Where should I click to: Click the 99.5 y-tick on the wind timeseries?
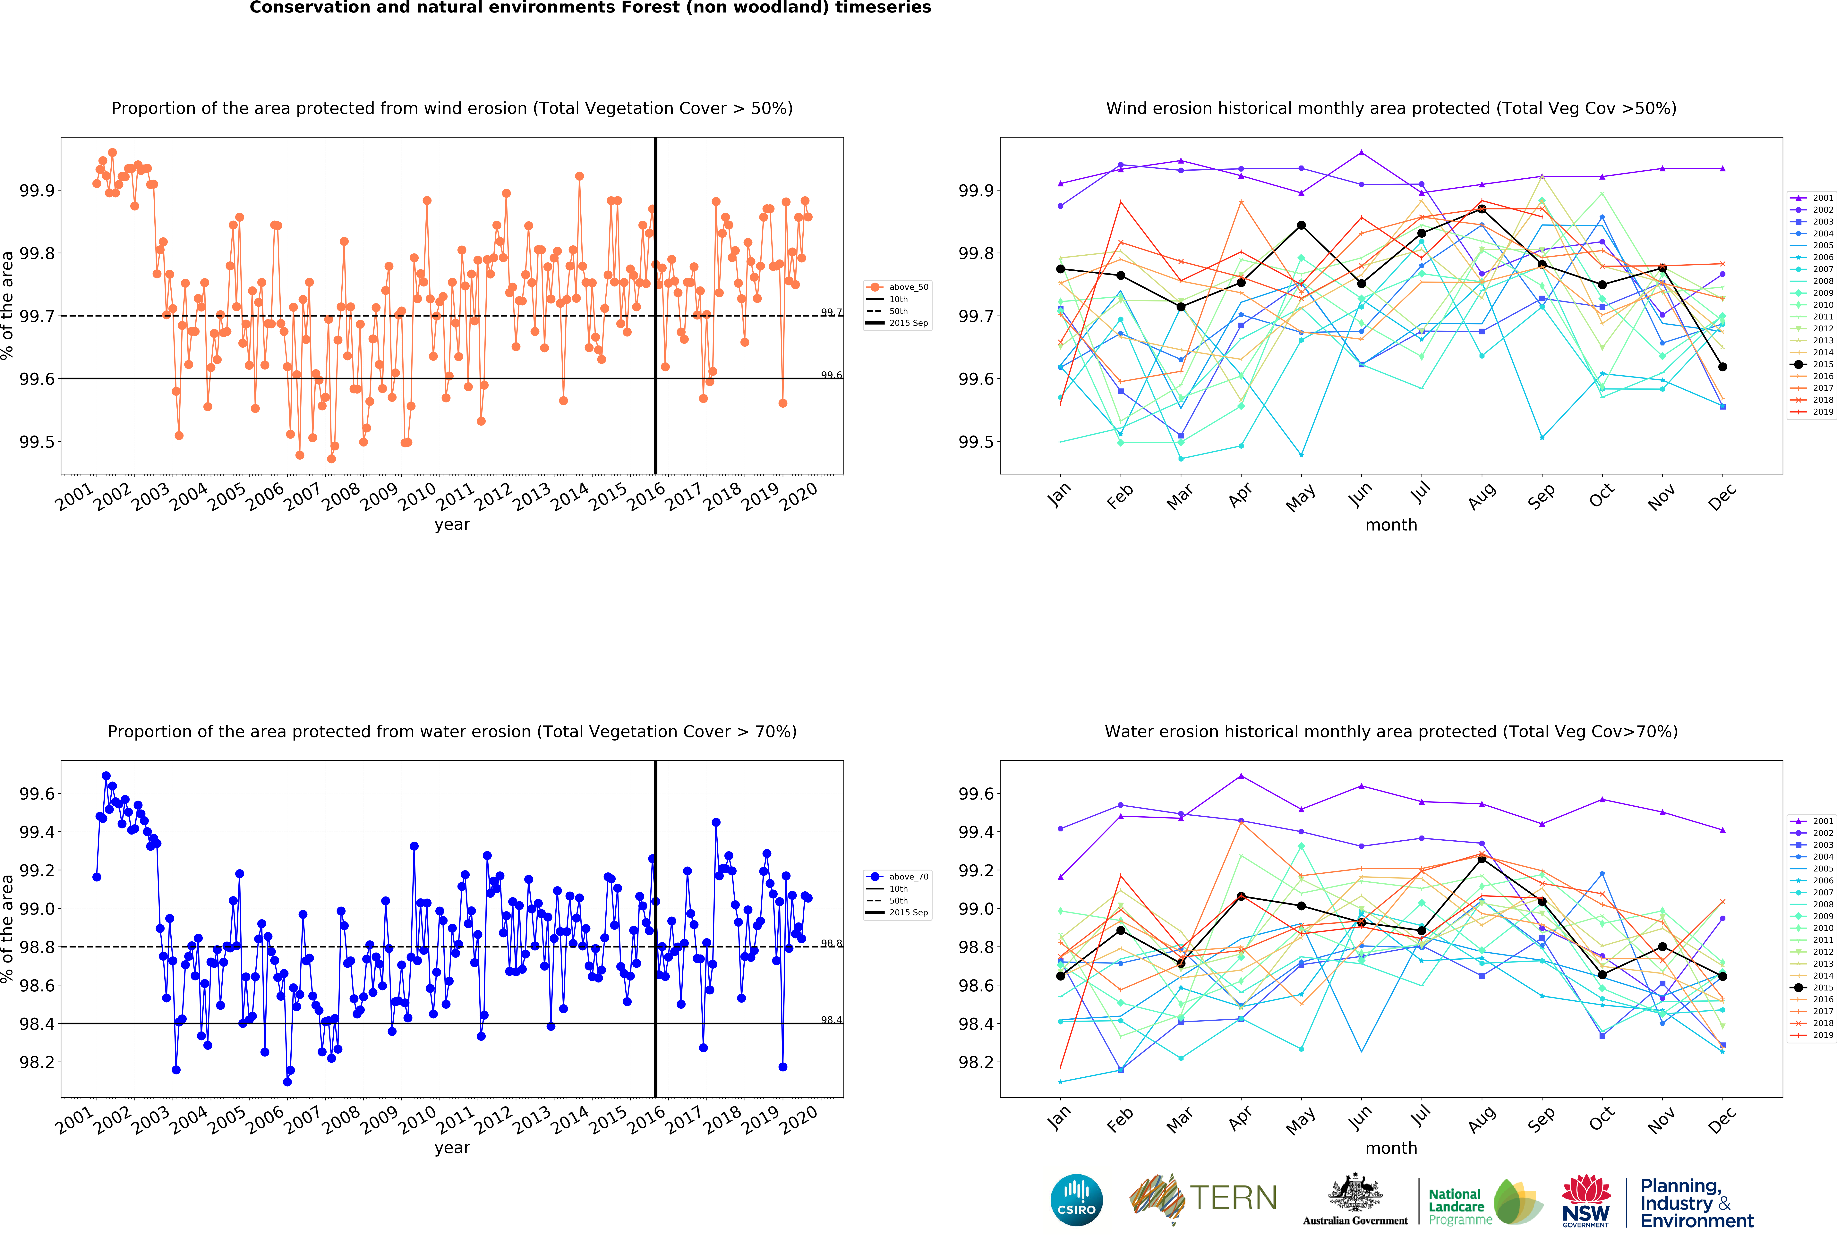pyautogui.click(x=36, y=442)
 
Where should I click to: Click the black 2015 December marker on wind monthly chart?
pyautogui.click(x=1722, y=367)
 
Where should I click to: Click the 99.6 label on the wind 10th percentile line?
pyautogui.click(x=831, y=375)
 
